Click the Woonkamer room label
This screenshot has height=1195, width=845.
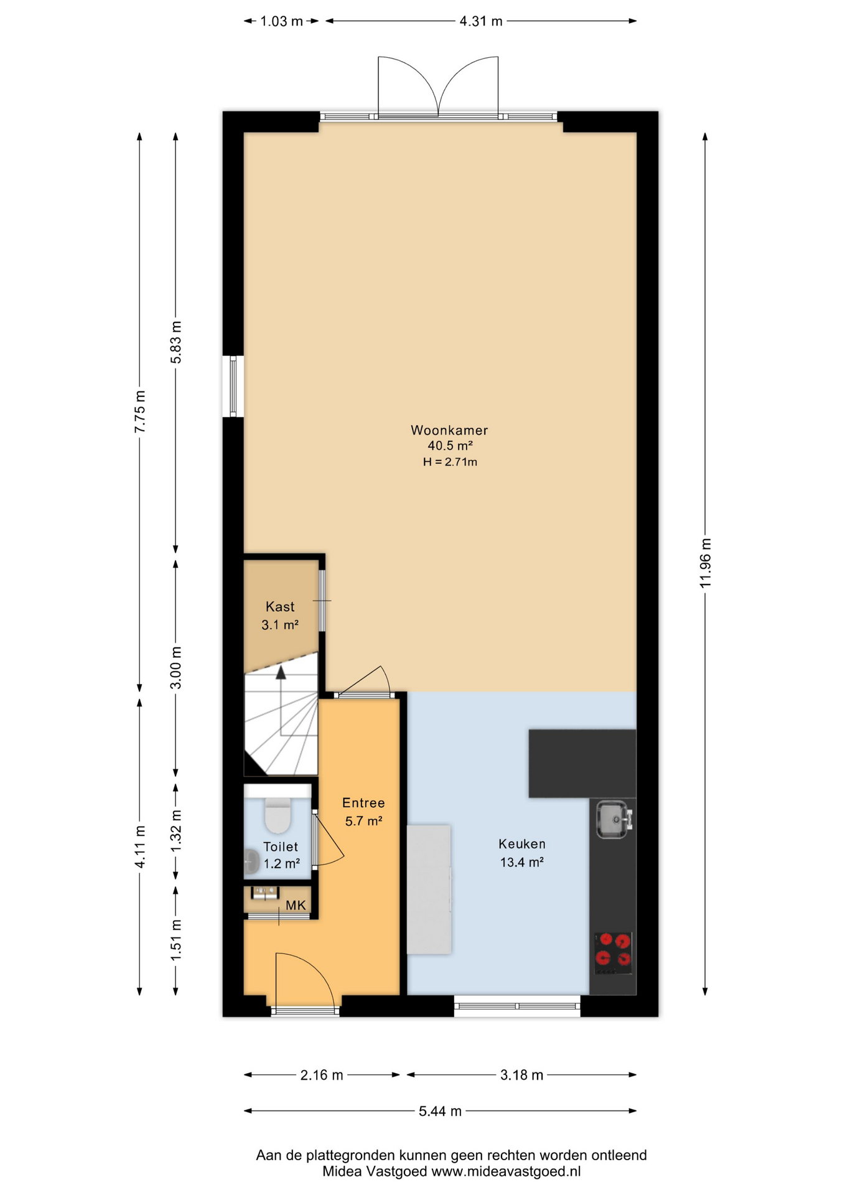[x=449, y=430]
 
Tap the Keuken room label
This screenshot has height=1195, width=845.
[x=522, y=844]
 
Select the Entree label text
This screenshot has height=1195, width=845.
[x=363, y=803]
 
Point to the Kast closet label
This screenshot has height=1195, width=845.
[x=280, y=606]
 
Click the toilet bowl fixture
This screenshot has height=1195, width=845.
[x=278, y=815]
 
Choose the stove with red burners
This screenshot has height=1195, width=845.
[x=613, y=953]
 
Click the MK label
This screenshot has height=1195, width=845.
[x=296, y=905]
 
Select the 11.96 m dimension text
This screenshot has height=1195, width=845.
[x=705, y=563]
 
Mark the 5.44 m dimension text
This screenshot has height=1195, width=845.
[x=440, y=1111]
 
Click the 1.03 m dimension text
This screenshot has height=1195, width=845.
[x=281, y=21]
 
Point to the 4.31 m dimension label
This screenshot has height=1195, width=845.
[x=481, y=21]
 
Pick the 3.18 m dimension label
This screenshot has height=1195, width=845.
[x=522, y=1075]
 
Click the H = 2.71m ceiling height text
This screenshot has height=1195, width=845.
[x=450, y=462]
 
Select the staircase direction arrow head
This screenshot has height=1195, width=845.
[x=281, y=672]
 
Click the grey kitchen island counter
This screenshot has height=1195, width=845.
[x=429, y=889]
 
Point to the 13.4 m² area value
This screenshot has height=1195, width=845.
[x=522, y=862]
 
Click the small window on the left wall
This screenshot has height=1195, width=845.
[x=233, y=386]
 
